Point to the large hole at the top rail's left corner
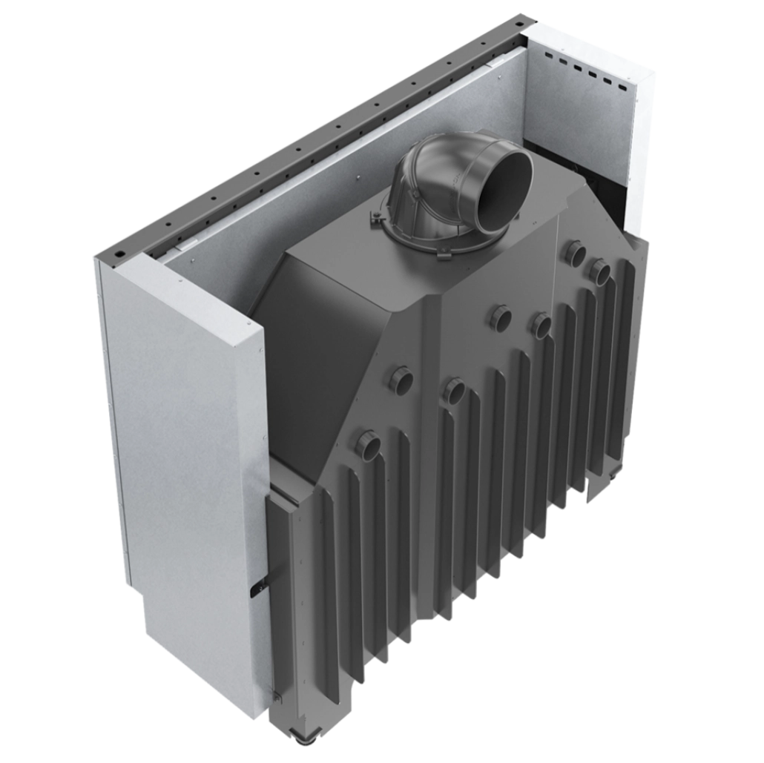pyautogui.click(x=117, y=253)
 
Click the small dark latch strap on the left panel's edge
pyautogui.click(x=260, y=586)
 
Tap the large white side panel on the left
pyautogui.click(x=185, y=460)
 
